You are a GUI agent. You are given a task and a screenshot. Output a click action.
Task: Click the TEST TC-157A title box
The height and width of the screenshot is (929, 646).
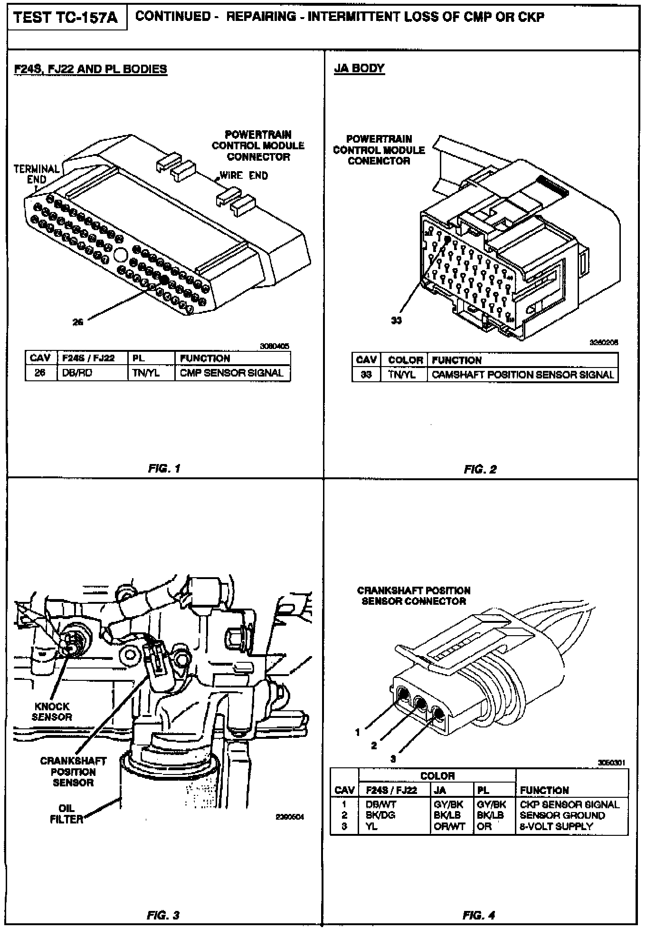point(66,19)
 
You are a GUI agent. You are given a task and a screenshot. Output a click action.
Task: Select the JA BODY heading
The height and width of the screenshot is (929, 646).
point(359,68)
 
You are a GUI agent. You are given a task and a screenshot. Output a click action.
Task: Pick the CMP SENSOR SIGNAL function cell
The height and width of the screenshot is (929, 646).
point(231,373)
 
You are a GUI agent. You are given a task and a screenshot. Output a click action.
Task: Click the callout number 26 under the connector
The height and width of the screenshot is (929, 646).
point(78,322)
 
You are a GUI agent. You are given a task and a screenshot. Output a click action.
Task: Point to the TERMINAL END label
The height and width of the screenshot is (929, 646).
point(37,174)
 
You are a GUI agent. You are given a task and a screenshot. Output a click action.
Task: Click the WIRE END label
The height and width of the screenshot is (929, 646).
point(244,175)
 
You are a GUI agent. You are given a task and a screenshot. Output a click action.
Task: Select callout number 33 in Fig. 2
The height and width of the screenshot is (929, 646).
point(396,320)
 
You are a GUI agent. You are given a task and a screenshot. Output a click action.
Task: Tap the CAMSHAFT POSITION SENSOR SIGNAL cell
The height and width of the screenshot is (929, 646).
point(522,375)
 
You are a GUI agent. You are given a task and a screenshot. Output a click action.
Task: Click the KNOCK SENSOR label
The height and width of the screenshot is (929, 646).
point(52,712)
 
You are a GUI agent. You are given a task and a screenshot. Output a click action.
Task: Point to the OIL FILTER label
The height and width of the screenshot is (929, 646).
point(66,813)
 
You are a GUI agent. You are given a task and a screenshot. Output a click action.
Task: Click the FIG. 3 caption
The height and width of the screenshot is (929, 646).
point(164,915)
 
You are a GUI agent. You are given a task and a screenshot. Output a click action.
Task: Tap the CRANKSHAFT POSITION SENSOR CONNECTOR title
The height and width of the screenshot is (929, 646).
point(414,596)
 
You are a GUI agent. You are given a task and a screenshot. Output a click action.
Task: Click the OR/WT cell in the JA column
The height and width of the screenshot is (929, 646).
point(449,826)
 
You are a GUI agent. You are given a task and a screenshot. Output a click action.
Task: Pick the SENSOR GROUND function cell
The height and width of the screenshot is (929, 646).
point(562,815)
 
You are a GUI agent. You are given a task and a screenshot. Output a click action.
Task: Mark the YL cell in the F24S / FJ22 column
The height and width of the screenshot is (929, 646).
point(371,826)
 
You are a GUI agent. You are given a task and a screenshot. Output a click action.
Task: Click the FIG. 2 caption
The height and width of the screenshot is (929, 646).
point(480,469)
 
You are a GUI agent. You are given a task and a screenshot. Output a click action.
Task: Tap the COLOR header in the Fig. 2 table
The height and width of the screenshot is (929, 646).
point(405,360)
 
